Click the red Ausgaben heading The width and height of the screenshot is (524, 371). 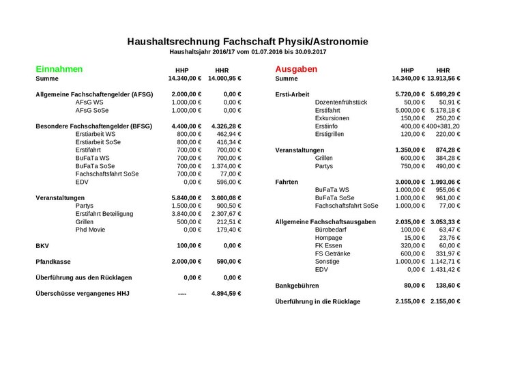click(x=296, y=69)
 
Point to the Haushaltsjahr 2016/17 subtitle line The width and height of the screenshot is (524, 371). click(x=248, y=52)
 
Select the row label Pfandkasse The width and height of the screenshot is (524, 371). click(x=55, y=261)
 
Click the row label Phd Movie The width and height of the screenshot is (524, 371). click(x=91, y=230)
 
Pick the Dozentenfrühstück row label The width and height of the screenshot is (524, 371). click(x=341, y=102)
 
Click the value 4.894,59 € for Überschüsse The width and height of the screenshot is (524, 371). click(x=225, y=293)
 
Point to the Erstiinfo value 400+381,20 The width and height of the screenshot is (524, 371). click(x=444, y=126)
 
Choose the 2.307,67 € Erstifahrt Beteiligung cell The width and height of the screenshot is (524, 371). click(x=224, y=214)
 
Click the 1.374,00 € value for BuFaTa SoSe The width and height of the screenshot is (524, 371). click(x=224, y=166)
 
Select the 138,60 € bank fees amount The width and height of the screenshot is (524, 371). click(x=447, y=285)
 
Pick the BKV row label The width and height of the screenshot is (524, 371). click(x=42, y=245)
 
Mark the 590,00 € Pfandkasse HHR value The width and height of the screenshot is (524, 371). click(x=228, y=261)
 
